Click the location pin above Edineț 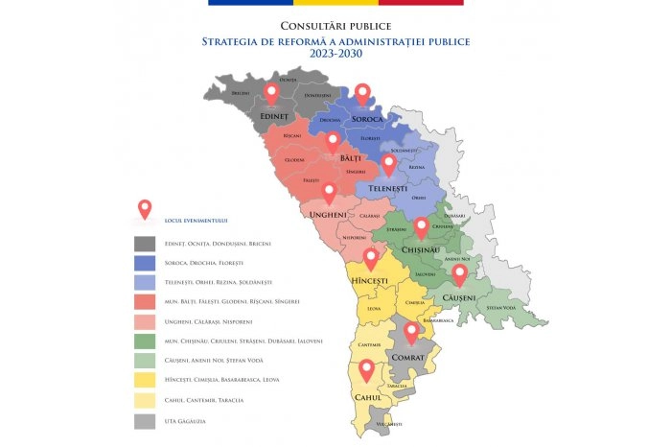pyautogui.click(x=271, y=93)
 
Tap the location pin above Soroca pyautogui.click(x=362, y=93)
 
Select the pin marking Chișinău pyautogui.click(x=421, y=226)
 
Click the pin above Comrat pyautogui.click(x=411, y=332)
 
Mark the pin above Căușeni pyautogui.click(x=459, y=274)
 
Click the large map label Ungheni pyautogui.click(x=330, y=215)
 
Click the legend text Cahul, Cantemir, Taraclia pyautogui.click(x=203, y=400)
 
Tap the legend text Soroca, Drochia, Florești pyautogui.click(x=204, y=263)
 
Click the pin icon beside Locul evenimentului pyautogui.click(x=145, y=208)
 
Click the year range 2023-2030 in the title pyautogui.click(x=335, y=55)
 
